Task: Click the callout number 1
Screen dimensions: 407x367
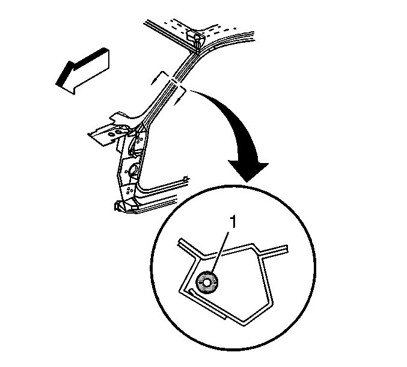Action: coord(233,223)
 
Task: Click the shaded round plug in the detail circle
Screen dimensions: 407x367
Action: coord(207,283)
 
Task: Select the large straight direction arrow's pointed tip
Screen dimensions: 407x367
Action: coord(57,84)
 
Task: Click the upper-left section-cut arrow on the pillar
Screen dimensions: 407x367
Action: coord(158,78)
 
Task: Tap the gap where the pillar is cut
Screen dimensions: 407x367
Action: coord(174,81)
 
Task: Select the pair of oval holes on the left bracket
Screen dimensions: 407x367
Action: coord(115,133)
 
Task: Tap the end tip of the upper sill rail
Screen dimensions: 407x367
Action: coord(186,179)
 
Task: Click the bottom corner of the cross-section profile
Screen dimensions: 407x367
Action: coord(245,324)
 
